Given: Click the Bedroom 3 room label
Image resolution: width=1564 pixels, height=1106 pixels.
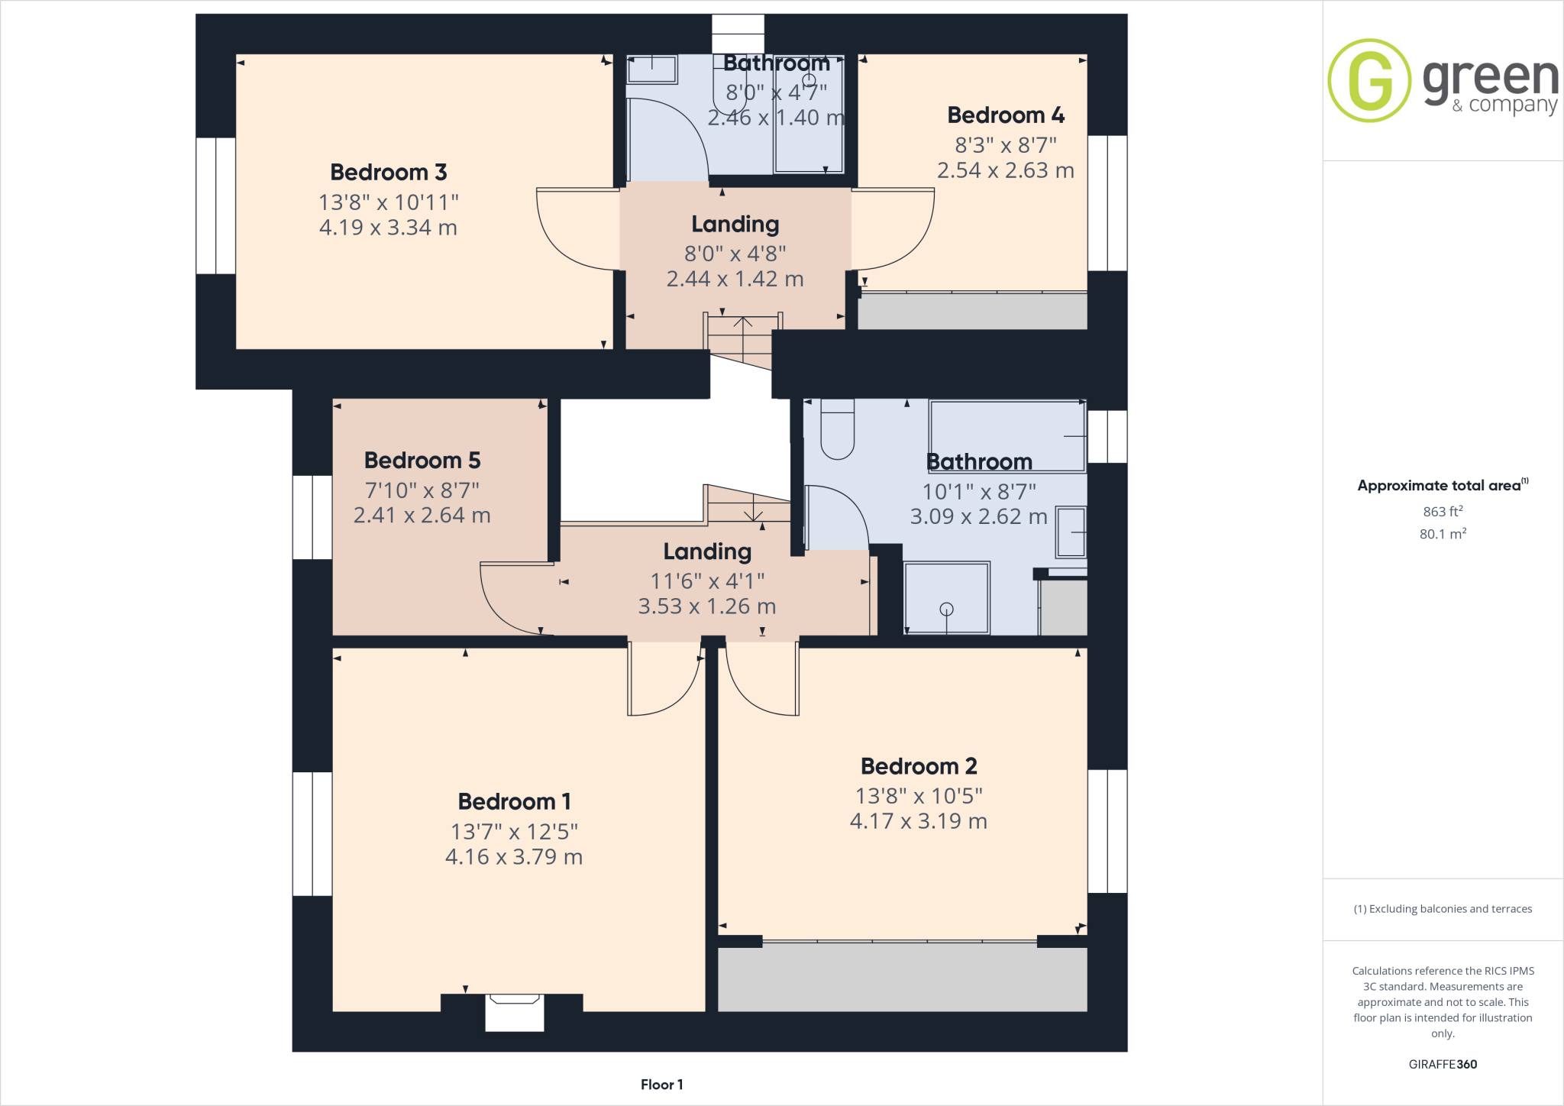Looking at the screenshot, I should pyautogui.click(x=388, y=173).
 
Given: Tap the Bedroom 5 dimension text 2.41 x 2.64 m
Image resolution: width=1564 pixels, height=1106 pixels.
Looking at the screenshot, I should pyautogui.click(x=422, y=516).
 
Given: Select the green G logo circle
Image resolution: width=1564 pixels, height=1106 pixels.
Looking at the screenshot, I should pyautogui.click(x=1369, y=80).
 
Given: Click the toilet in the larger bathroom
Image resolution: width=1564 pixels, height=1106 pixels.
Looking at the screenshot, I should pyautogui.click(x=837, y=432).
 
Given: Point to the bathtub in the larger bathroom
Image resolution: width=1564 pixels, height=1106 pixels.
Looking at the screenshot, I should pyautogui.click(x=1007, y=435).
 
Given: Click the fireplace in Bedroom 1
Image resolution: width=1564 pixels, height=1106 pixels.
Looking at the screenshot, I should pyautogui.click(x=515, y=1011).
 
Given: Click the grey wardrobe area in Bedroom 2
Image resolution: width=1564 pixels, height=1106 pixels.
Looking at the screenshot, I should pyautogui.click(x=902, y=979).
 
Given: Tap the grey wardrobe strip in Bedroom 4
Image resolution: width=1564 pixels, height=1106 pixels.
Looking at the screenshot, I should pyautogui.click(x=971, y=312).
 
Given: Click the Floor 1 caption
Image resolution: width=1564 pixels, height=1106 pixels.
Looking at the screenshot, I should pyautogui.click(x=661, y=1085).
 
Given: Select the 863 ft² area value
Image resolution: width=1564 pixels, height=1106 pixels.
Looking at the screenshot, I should pyautogui.click(x=1443, y=512).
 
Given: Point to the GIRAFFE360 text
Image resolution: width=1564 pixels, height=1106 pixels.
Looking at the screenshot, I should pyautogui.click(x=1443, y=1064).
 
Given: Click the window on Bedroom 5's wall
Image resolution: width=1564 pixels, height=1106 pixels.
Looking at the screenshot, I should pyautogui.click(x=312, y=517).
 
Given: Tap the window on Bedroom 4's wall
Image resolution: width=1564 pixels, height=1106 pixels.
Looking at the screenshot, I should pyautogui.click(x=1107, y=203).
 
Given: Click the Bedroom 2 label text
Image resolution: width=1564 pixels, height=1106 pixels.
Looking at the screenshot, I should pyautogui.click(x=919, y=766).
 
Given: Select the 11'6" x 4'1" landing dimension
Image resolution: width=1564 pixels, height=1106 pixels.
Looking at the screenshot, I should pyautogui.click(x=707, y=581).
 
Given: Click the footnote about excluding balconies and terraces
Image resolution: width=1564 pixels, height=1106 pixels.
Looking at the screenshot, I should pyautogui.click(x=1443, y=909).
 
